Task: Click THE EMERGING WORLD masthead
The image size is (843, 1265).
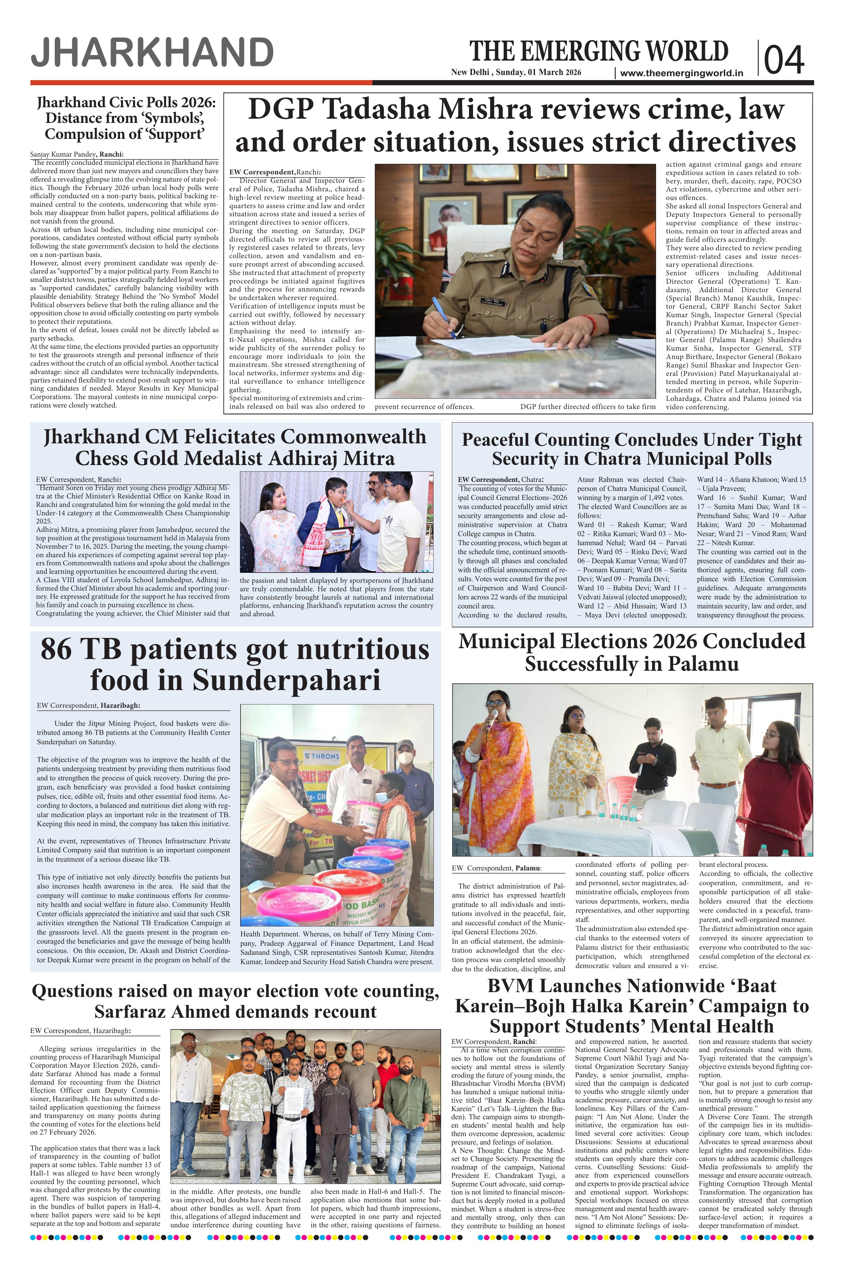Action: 599,52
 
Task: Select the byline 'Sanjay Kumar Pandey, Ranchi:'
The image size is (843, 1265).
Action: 77,154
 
